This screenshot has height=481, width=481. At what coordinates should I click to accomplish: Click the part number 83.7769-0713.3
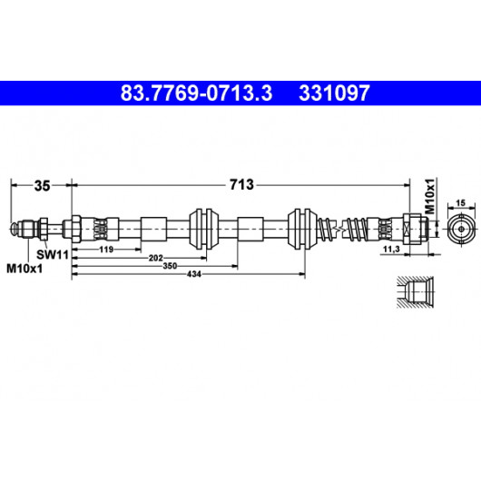click(x=196, y=93)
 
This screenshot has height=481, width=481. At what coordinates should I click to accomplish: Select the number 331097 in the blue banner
click(x=334, y=93)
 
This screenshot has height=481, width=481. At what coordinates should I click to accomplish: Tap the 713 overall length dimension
click(x=241, y=184)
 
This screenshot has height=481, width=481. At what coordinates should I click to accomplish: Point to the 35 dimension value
click(x=42, y=186)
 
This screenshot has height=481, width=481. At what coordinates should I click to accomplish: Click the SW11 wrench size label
click(x=53, y=255)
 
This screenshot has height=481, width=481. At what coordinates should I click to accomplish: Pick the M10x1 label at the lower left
click(x=25, y=269)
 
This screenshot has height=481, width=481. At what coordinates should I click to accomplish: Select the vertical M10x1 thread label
click(x=430, y=196)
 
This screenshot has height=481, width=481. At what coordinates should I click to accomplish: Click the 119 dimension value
click(x=106, y=250)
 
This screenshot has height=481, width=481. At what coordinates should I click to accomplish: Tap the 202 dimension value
click(x=155, y=258)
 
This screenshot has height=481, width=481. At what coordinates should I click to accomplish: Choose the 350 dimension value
click(x=170, y=266)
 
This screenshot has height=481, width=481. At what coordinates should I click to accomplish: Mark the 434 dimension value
click(x=194, y=274)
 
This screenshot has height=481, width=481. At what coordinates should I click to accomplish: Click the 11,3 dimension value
click(x=391, y=250)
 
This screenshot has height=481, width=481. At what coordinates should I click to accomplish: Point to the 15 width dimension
click(x=461, y=202)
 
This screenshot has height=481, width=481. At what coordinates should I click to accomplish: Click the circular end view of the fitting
click(x=461, y=229)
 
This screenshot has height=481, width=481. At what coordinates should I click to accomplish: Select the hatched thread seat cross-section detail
click(x=415, y=292)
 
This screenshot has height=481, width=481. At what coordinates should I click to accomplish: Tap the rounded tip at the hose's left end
click(x=15, y=229)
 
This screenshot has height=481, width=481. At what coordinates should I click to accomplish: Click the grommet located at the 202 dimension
click(x=204, y=229)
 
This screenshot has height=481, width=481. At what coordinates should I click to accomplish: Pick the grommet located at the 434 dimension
click(x=302, y=229)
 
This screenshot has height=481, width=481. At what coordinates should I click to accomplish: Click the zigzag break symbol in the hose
click(x=339, y=229)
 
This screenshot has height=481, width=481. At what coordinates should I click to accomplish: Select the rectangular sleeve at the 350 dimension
click(x=250, y=229)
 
